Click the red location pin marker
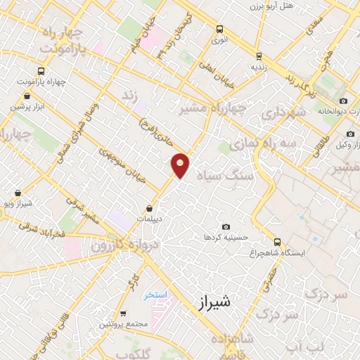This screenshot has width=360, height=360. click(x=181, y=165)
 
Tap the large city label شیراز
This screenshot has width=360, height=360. click(x=212, y=302)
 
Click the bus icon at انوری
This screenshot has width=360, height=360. click(x=220, y=30)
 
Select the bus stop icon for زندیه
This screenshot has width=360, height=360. click(x=259, y=56)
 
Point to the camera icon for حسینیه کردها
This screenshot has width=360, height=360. click(x=226, y=226)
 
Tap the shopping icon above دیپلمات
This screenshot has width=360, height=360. click(x=150, y=208)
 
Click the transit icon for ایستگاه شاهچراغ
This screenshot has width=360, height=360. click(x=276, y=240)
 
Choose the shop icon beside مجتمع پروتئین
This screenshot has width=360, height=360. click(x=124, y=314)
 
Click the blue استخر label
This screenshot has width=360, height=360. click(x=155, y=295)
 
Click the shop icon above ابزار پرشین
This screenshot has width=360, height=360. click(x=27, y=96)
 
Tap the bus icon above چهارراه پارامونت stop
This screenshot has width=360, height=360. click(x=40, y=71)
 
